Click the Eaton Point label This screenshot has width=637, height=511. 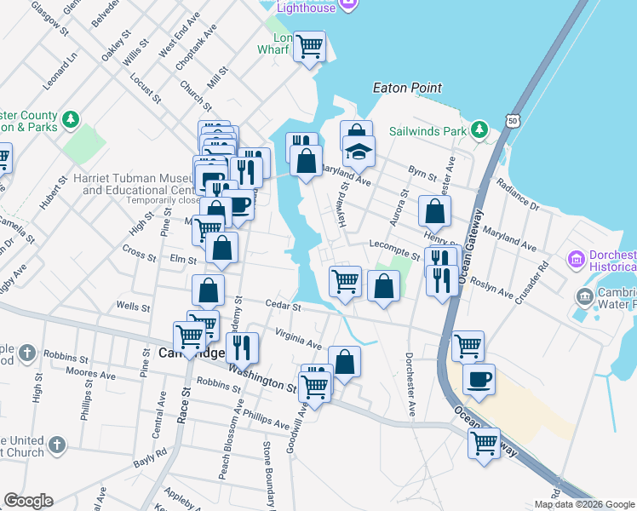[407, 88]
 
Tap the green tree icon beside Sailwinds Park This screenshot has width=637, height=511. [480, 130]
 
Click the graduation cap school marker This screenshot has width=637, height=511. [359, 152]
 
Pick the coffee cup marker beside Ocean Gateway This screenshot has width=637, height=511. [479, 379]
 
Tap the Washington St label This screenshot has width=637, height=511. [261, 379]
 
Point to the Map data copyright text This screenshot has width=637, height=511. [583, 504]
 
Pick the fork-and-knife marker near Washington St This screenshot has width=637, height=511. [242, 347]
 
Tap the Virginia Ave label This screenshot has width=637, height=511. [297, 339]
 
